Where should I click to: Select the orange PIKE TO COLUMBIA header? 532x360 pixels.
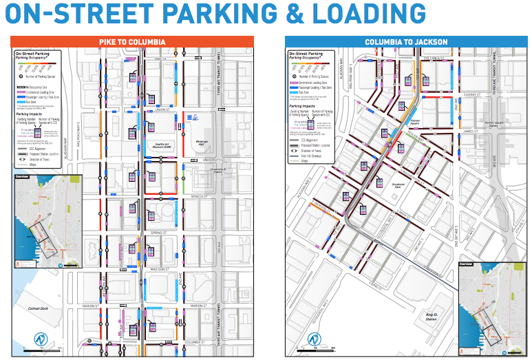point(133,43)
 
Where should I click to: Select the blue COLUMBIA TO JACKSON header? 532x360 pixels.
point(406,42)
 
